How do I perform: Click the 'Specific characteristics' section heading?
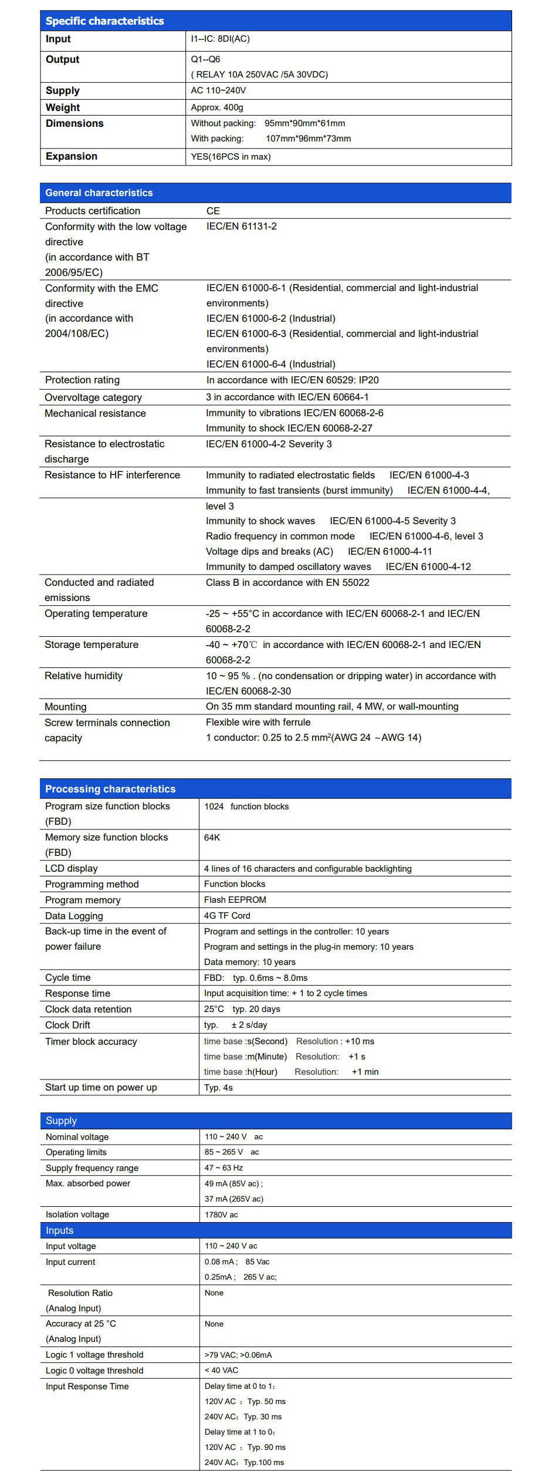pos(104,21)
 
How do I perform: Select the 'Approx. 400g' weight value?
pos(216,107)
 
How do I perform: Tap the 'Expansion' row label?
pos(71,156)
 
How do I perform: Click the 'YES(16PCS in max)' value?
pos(231,157)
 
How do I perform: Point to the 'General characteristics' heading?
pos(99,193)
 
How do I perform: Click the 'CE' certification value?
pos(213,211)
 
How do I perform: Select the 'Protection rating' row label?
pos(82,380)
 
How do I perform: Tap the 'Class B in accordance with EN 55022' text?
pos(287,582)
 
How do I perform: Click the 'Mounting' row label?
pos(65,707)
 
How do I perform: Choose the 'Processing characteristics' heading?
pos(110,789)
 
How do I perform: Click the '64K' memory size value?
pos(212,838)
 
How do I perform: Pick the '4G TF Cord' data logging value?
pos(227,916)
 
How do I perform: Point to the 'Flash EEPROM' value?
pos(235,900)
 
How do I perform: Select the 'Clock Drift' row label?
pos(67,1025)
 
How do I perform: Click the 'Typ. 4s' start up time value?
pos(218,1088)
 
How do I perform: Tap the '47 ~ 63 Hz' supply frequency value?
pos(223,1168)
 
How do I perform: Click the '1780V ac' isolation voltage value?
pos(221,1214)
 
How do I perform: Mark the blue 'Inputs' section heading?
pos(60,1230)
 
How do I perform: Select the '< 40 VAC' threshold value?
pos(221,1370)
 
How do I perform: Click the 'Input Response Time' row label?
pos(87,1386)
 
